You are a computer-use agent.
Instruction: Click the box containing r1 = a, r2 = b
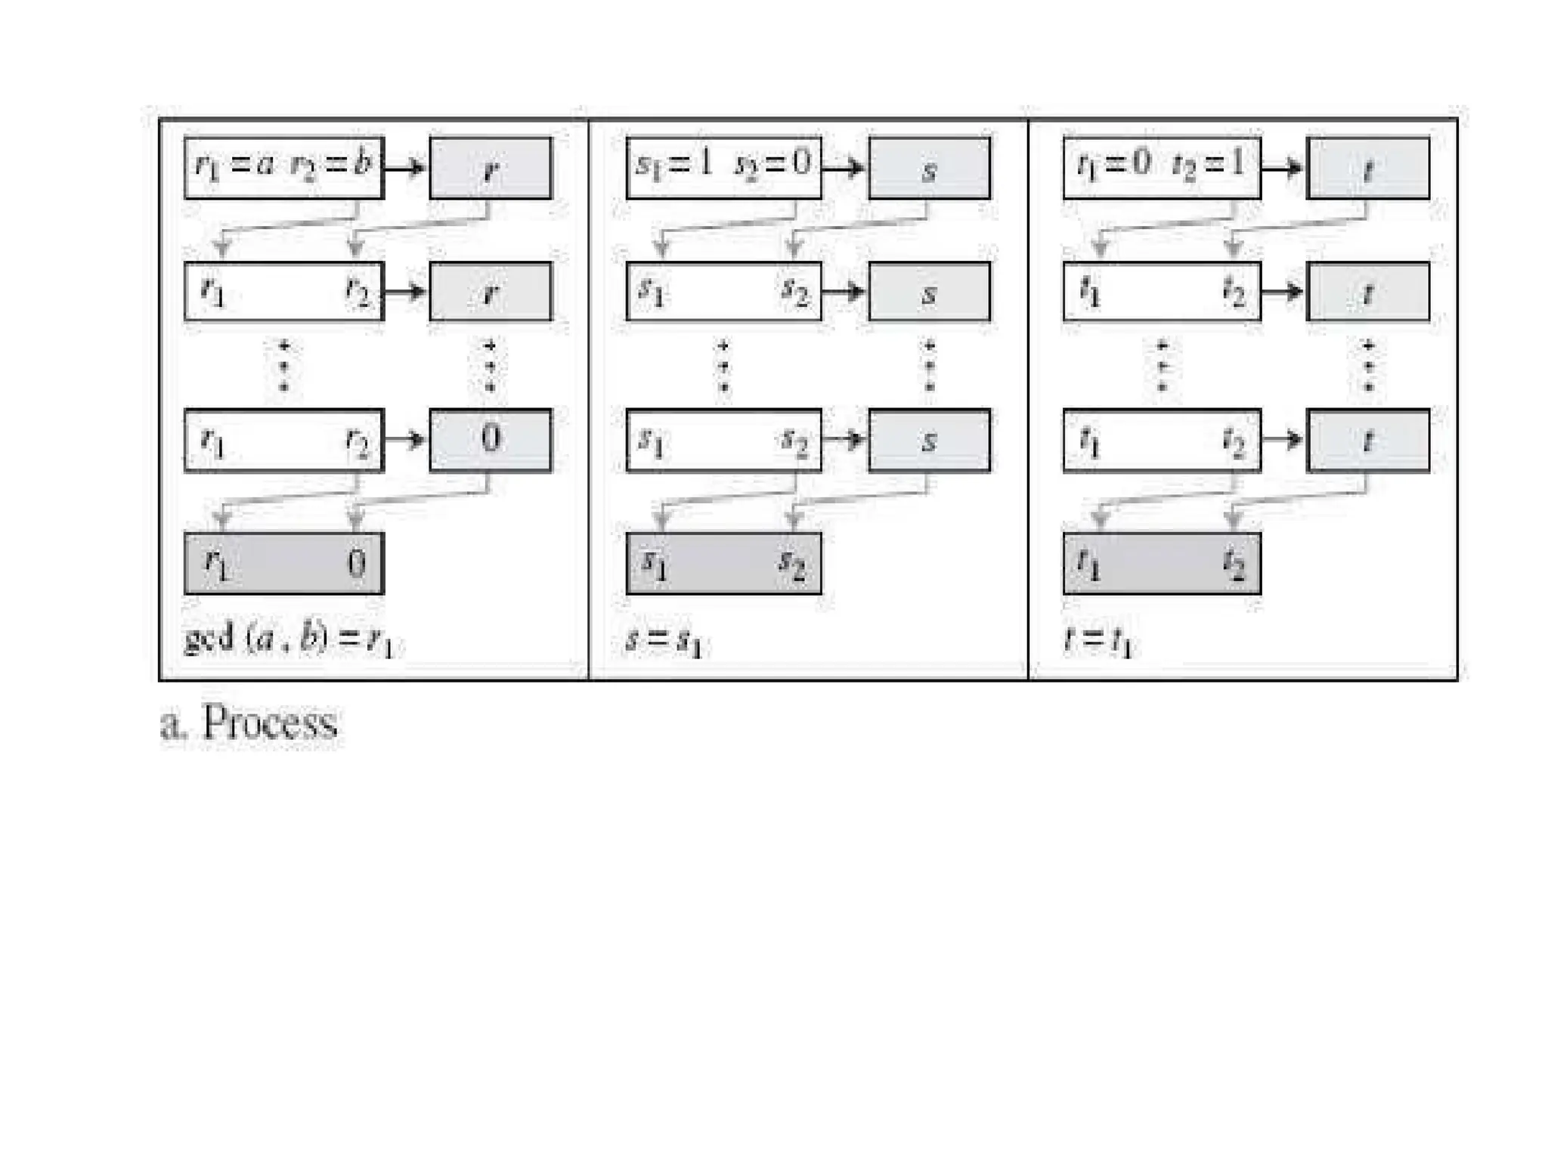coord(284,168)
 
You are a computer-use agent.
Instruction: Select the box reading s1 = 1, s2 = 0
coord(723,168)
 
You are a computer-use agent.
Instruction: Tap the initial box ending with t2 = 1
coord(1162,168)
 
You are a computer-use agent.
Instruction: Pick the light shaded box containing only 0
coord(491,440)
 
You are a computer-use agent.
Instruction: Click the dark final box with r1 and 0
coord(284,564)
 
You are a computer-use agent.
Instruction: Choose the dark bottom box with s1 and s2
coord(723,564)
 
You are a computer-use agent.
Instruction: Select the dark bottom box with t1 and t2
coord(1162,564)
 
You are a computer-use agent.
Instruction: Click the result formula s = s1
coord(664,642)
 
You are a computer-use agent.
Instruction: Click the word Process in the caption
coord(270,723)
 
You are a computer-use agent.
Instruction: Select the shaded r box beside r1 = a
coord(491,168)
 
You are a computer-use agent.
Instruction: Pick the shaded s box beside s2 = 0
coord(929,168)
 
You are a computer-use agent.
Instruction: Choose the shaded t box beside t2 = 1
coord(1368,168)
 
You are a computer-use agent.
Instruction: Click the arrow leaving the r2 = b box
coord(406,168)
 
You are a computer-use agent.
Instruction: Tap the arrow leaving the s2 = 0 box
coord(844,168)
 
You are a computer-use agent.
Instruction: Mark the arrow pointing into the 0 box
coord(406,440)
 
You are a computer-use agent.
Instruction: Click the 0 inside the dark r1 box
coord(356,564)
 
